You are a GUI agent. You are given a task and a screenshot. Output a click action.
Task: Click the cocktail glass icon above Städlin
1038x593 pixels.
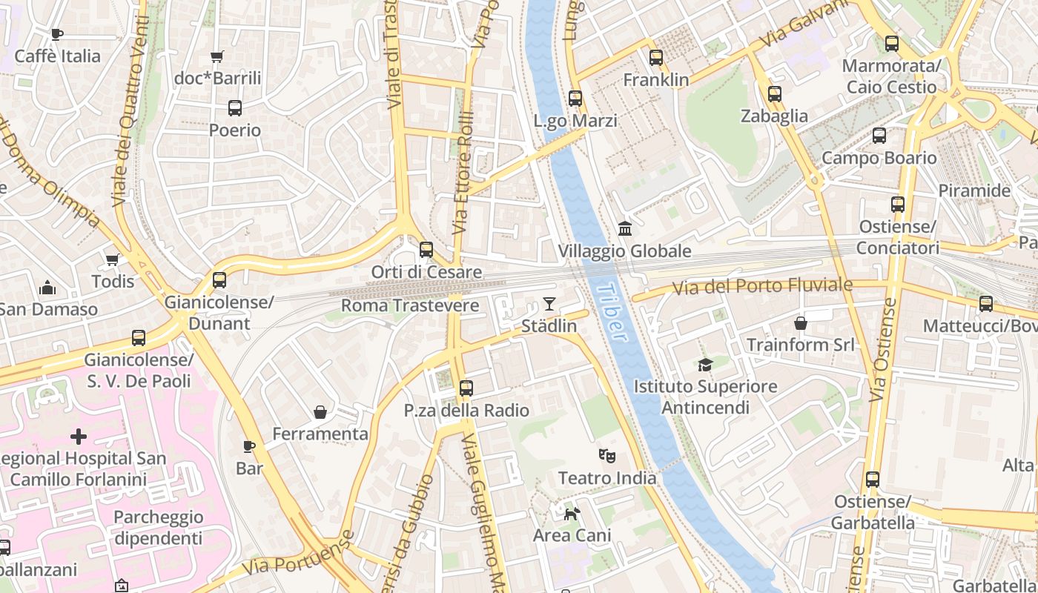549,303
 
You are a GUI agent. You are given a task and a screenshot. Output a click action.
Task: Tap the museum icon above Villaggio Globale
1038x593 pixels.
625,228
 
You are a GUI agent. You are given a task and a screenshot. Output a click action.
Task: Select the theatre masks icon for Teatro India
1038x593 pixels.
607,456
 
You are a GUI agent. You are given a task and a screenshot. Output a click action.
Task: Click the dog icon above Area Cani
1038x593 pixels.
572,513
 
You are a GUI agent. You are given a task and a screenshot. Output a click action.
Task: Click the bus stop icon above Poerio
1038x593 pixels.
235,108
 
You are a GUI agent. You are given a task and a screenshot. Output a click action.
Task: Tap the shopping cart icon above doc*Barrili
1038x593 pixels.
217,56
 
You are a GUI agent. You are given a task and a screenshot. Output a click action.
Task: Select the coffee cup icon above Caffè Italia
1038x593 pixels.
56,34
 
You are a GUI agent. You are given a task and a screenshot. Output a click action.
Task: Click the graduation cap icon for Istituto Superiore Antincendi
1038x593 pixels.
704,364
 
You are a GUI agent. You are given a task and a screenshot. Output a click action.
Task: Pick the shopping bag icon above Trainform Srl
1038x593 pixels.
801,322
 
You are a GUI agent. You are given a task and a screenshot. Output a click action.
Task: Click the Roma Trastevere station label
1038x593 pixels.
410,305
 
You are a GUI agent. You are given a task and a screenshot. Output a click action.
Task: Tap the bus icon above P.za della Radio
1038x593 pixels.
466,388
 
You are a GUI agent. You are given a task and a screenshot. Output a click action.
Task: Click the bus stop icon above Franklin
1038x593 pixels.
656,57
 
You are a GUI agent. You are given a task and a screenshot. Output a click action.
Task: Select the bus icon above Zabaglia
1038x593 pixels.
775,94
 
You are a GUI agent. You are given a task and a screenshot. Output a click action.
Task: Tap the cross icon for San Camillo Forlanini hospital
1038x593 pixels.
78,437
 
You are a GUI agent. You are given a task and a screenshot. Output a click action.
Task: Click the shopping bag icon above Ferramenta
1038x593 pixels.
320,411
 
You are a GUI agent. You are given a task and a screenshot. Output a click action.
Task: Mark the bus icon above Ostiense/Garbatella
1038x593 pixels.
873,480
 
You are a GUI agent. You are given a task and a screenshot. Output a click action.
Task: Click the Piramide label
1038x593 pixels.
974,191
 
